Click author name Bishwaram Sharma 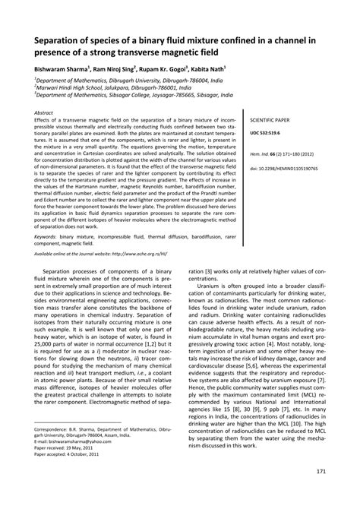[x=61, y=68]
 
